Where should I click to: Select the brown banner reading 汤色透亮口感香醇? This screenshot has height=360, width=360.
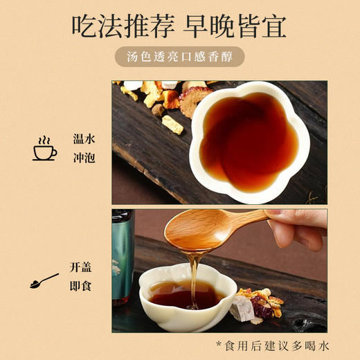180,57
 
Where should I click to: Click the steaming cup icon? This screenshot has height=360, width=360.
45,149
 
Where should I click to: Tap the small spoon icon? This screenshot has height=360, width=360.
44,280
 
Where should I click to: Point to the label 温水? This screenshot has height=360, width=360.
83,138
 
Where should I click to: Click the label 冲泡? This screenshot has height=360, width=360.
83,159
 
